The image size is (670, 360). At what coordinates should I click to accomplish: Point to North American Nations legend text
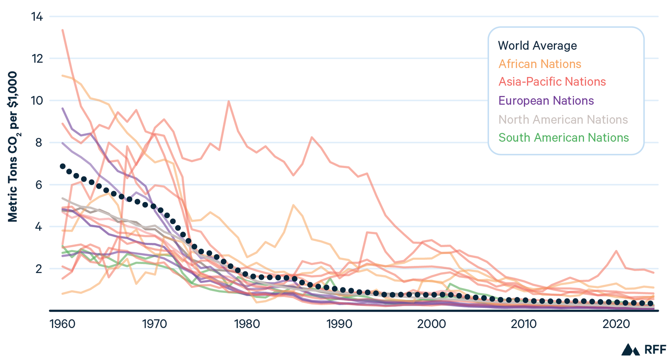pos(563,119)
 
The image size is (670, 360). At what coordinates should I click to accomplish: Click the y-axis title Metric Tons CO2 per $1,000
pos(13,147)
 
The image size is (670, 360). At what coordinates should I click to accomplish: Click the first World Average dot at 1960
pos(63,167)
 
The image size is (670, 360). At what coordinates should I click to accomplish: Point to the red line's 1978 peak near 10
pos(229,101)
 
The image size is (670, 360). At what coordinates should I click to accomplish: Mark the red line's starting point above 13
pos(63,30)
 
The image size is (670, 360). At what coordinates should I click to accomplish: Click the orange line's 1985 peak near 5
pos(293,205)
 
